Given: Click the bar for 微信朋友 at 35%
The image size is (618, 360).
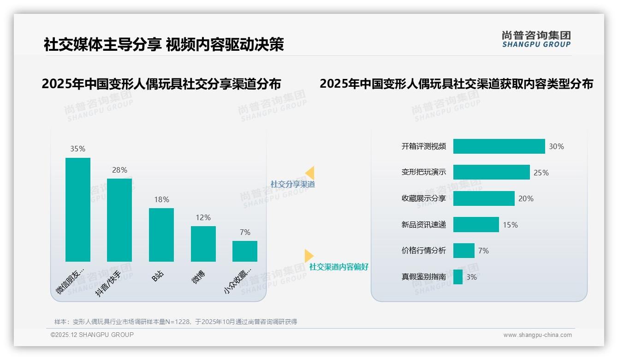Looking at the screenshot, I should (x=78, y=210).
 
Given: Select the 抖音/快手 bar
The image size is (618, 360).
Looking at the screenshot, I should (x=119, y=220).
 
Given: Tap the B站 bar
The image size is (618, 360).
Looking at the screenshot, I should (x=161, y=234).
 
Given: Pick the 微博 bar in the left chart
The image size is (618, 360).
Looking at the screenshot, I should (x=203, y=244).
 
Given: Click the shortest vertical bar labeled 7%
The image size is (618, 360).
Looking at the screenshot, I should (x=245, y=251).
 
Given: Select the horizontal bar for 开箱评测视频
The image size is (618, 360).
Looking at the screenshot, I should (x=499, y=146).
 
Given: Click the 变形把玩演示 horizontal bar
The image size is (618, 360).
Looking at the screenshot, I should (x=491, y=172).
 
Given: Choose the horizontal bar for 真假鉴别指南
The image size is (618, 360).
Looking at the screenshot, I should (x=458, y=277).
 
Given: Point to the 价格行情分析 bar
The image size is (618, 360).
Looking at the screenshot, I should (x=464, y=251).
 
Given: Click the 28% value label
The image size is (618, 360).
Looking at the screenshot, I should (x=119, y=170).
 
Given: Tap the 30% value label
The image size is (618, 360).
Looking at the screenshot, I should (x=556, y=147).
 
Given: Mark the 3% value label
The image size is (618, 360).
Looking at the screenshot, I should (x=471, y=277).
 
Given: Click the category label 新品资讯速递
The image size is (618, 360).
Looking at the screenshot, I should (x=424, y=225).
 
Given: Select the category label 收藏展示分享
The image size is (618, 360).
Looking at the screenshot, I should (x=424, y=198).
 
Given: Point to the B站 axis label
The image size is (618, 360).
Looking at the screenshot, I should (x=158, y=276).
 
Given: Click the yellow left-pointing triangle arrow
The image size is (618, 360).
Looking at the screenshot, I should (x=310, y=173).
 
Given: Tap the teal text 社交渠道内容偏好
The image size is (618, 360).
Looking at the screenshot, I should (x=339, y=267).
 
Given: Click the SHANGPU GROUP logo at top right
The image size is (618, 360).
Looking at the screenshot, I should (x=536, y=39).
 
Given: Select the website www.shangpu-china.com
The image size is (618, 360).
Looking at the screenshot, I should (x=537, y=335).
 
